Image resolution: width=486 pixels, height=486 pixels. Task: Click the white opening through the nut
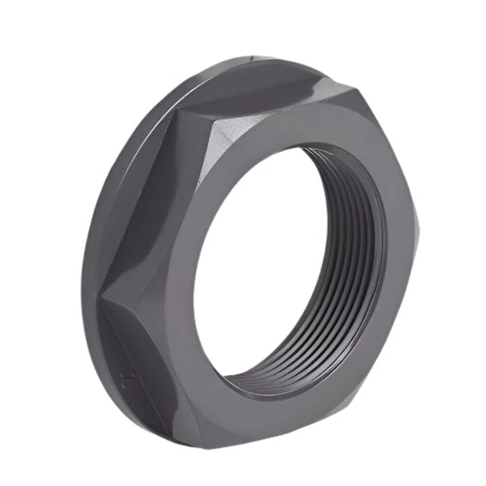[253, 263]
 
